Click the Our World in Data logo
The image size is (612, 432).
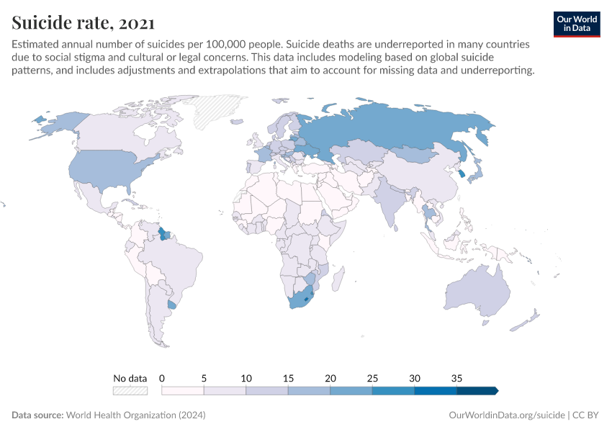pos(576,24)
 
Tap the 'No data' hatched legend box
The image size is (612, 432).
pos(130,390)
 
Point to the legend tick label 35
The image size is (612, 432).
pos(456,377)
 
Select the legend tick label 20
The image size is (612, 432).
pos(330,377)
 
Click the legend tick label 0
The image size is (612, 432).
pos(162,377)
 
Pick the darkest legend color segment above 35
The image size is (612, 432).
pos(477,390)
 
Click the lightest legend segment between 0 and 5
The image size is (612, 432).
pos(183,390)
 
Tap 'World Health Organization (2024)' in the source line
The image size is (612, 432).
pos(136,415)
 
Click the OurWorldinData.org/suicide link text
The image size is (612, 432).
pos(506,415)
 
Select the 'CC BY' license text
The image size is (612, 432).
pos(587,415)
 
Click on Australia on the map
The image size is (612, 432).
pos(479,292)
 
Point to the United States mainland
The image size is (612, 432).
pos(108,169)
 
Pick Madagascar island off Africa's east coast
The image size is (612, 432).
pos(337,277)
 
